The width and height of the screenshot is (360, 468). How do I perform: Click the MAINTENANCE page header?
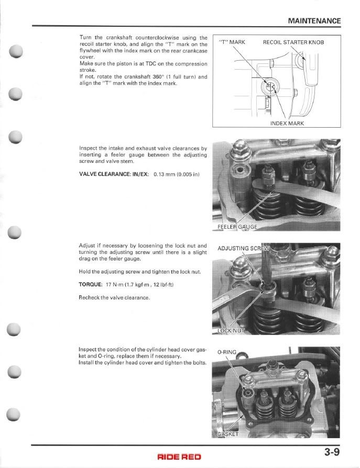tap(314, 21)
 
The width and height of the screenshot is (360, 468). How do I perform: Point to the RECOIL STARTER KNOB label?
tap(293, 42)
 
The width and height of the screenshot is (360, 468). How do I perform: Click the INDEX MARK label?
tap(287, 124)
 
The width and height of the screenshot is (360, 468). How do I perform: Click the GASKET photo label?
tap(228, 434)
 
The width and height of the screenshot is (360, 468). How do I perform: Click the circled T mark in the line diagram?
tap(271, 86)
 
